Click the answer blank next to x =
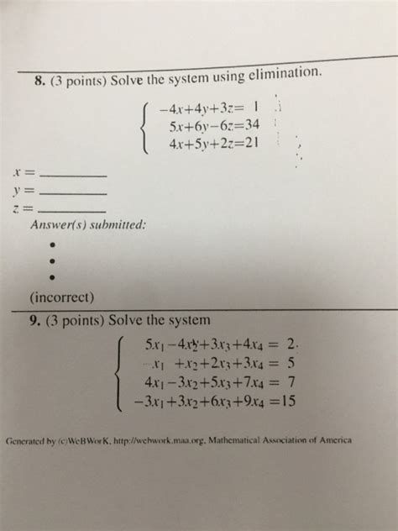coord(74,174)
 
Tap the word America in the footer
coord(331,439)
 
